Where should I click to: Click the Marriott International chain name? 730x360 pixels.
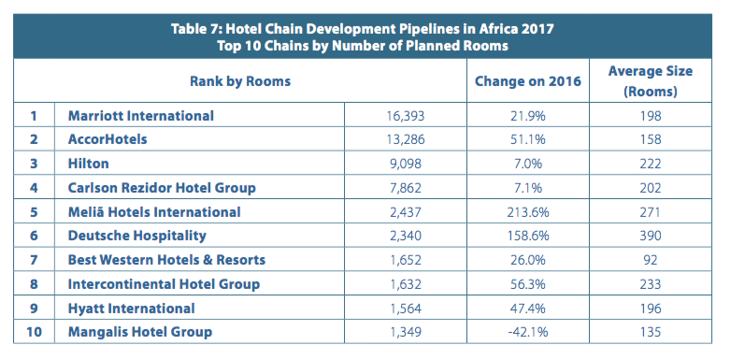140,115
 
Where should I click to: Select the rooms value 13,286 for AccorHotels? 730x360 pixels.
406,139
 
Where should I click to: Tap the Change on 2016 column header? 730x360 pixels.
528,81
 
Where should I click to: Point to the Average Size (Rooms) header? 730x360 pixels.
651,81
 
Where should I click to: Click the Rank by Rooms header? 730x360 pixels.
240,81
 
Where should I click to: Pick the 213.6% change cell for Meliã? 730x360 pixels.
528,212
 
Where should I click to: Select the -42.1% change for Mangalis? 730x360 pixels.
528,332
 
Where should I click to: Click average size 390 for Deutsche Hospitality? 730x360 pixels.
651,236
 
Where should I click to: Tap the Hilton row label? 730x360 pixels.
89,164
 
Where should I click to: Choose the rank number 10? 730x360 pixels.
34,332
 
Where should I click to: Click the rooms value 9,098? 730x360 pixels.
406,164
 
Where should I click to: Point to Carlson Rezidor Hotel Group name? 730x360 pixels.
162,188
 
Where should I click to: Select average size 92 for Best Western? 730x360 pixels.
651,260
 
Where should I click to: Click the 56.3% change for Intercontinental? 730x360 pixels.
528,284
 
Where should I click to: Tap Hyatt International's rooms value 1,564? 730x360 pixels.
406,309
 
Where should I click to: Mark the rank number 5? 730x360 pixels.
34,212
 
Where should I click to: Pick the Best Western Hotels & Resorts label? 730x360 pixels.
166,260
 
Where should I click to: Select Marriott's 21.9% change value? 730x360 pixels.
528,115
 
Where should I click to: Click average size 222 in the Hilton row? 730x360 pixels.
651,164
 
